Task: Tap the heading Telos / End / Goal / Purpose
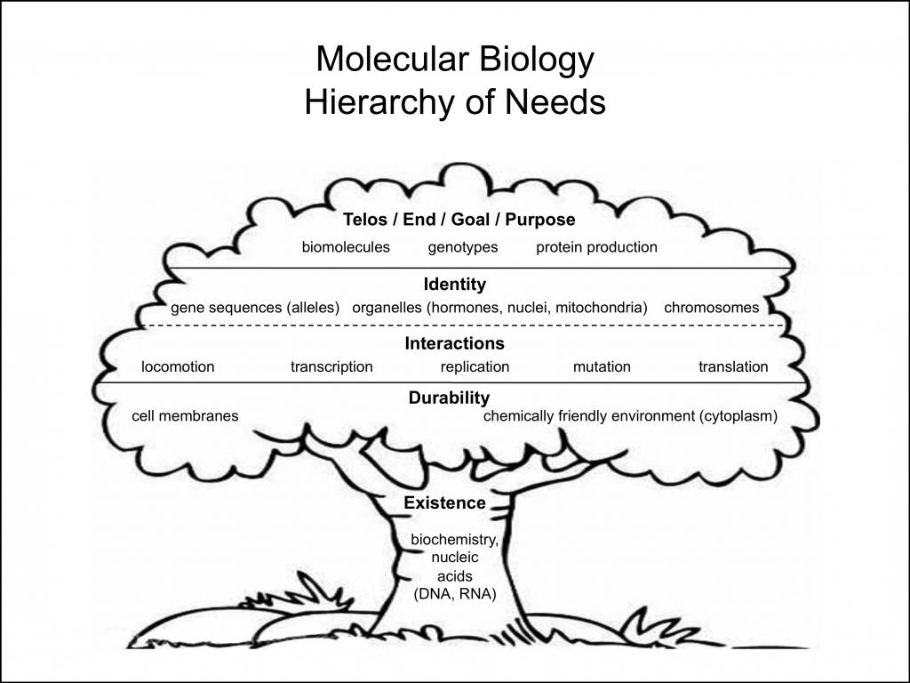click(459, 220)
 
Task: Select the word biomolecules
click(346, 247)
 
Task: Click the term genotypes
click(463, 248)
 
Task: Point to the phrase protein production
click(596, 247)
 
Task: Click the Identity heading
click(455, 285)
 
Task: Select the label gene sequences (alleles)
click(255, 308)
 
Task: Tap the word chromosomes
click(712, 307)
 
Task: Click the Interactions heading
click(454, 343)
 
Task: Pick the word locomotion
click(178, 366)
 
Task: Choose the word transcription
click(332, 367)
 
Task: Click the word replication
click(475, 367)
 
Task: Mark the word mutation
click(602, 366)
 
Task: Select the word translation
click(733, 366)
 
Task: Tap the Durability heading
click(449, 398)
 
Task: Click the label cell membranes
click(185, 416)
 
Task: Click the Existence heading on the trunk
click(445, 503)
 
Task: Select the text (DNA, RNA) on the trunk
click(455, 594)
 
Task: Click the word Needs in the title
click(555, 102)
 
